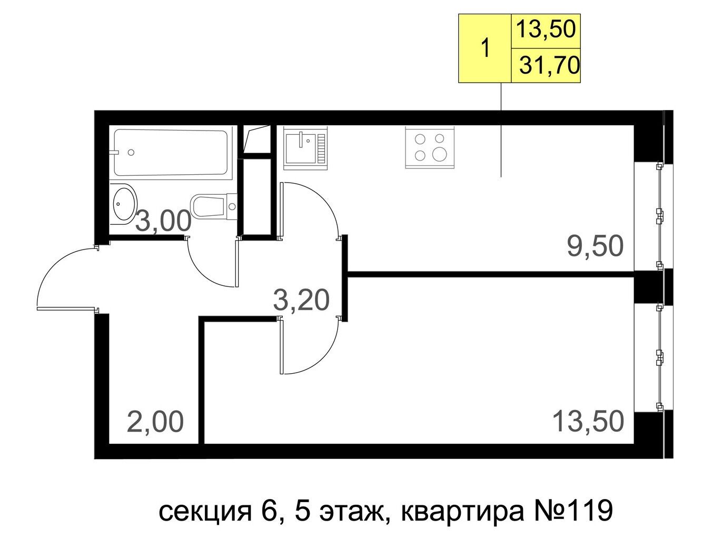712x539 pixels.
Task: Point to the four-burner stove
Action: [430, 147]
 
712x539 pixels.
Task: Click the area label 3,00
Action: [163, 221]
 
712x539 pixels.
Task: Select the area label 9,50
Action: [595, 246]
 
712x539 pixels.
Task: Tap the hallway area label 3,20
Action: [301, 300]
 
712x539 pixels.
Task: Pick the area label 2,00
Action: [155, 422]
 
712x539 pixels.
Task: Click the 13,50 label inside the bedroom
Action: [588, 421]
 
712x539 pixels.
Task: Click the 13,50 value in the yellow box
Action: [546, 29]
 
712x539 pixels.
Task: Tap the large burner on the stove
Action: [439, 154]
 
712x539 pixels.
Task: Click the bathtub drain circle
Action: [131, 152]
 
